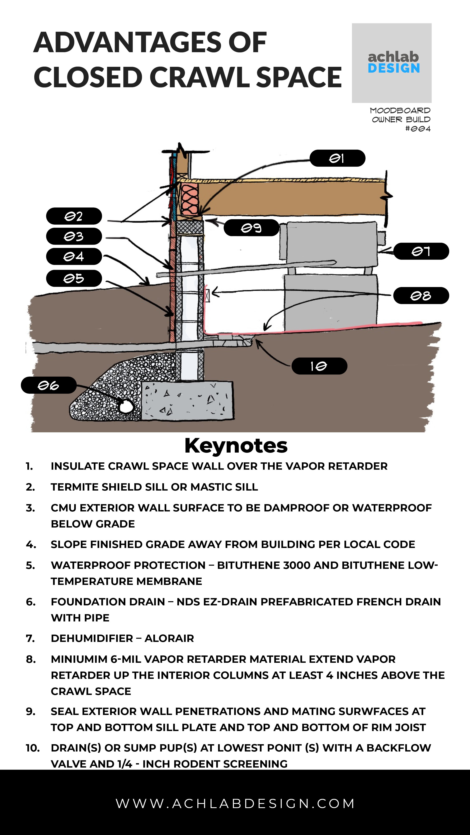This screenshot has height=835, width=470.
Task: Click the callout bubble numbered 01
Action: pyautogui.click(x=337, y=158)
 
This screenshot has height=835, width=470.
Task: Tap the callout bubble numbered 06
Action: pyautogui.click(x=49, y=385)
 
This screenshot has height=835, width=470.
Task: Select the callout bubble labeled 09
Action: pyautogui.click(x=251, y=228)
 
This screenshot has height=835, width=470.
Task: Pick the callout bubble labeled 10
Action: pyautogui.click(x=319, y=366)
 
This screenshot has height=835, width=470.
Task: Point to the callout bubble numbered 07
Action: pyautogui.click(x=421, y=251)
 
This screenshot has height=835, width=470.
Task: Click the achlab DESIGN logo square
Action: pyautogui.click(x=391, y=63)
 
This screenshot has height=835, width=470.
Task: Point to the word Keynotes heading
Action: pyautogui.click(x=236, y=446)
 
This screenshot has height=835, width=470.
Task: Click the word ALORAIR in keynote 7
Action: pyautogui.click(x=169, y=638)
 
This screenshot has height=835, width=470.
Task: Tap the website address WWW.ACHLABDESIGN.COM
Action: pyautogui.click(x=235, y=803)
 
